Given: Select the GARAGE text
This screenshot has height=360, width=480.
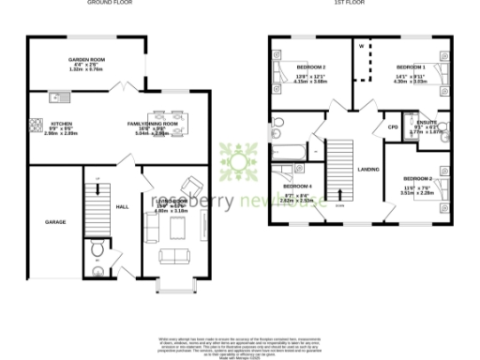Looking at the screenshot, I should pyautogui.click(x=54, y=222).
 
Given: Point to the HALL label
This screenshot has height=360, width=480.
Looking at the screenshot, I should pyautogui.click(x=122, y=207).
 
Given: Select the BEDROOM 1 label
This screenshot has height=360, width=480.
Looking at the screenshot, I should pyautogui.click(x=411, y=68).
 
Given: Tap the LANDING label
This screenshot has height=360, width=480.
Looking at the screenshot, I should pyautogui.click(x=367, y=169).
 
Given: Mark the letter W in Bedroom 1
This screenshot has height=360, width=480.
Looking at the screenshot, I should pyautogui.click(x=359, y=44).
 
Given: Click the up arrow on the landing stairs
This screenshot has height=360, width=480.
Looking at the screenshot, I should pyautogui.click(x=338, y=192).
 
